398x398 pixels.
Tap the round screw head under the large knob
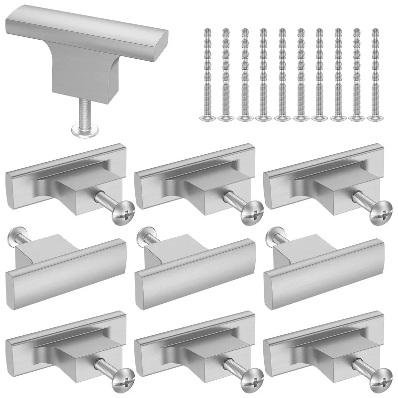[84, 130]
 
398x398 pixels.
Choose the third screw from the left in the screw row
[243, 75]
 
